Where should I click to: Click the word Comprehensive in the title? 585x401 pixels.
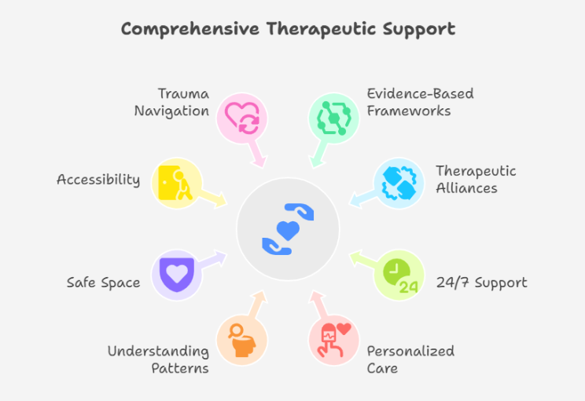190,29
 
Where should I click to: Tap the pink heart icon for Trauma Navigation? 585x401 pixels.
242,117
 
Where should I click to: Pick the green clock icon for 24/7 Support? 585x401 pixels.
399,275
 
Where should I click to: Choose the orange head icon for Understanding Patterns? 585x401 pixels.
241,340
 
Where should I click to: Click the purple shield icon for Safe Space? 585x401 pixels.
175,274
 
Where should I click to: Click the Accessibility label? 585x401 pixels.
98,180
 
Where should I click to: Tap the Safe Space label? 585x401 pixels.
103,282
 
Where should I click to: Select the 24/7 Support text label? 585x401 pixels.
481,283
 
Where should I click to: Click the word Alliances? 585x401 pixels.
466,188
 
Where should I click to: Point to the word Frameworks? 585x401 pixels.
409,111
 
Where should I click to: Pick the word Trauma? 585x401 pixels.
182,94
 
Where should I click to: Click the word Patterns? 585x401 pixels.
182,368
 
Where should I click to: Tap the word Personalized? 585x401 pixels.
410,351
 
